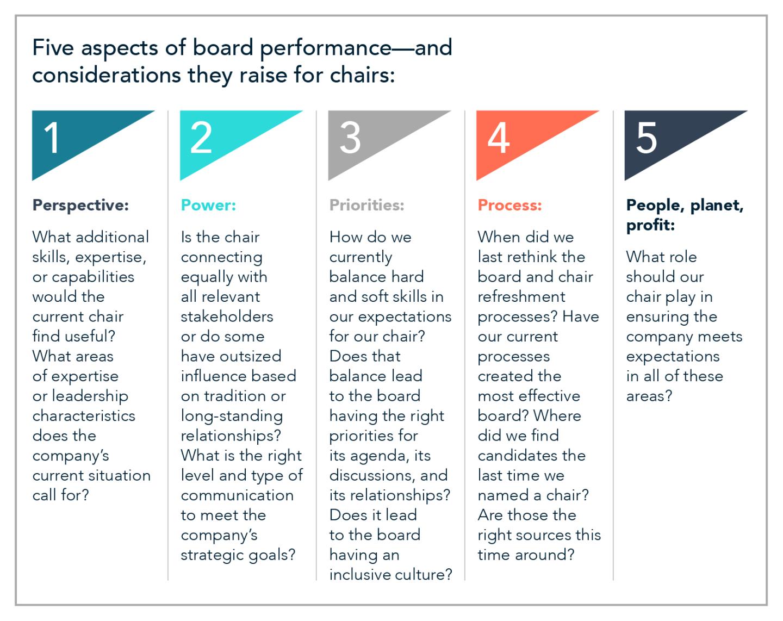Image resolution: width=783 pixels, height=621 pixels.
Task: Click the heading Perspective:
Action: coord(80,206)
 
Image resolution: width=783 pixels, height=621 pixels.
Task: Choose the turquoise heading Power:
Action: coord(208,206)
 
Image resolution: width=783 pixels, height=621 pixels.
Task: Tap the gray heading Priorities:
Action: coord(366,206)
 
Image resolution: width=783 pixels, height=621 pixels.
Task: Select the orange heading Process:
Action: coord(509,206)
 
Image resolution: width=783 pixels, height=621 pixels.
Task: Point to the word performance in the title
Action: coord(326,49)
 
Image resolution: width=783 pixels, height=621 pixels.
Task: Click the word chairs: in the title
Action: coord(362,76)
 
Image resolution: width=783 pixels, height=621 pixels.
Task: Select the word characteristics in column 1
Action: coord(84,416)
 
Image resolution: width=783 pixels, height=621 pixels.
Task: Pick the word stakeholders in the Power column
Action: coord(227,316)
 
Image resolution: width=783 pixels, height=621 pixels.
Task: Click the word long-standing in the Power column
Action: coord(232,417)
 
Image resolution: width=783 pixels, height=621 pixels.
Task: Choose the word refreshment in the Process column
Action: coord(521,297)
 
